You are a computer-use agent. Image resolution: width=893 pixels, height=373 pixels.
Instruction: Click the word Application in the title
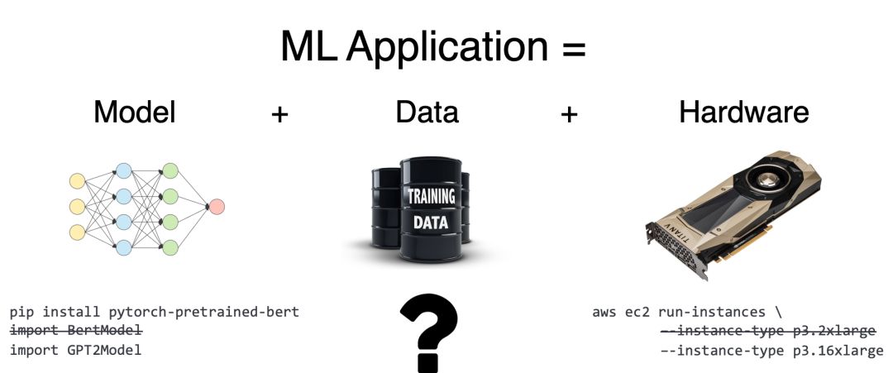[446, 48]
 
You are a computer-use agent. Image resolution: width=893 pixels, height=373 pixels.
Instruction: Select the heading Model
[135, 112]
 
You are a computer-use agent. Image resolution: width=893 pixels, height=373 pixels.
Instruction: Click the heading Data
[427, 112]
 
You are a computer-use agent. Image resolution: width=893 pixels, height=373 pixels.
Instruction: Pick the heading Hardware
[743, 112]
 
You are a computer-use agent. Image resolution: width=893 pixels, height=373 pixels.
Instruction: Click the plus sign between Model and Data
[280, 114]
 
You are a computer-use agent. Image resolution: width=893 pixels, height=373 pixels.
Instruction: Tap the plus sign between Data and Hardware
[568, 114]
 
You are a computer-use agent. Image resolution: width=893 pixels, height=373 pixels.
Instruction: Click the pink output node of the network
[217, 207]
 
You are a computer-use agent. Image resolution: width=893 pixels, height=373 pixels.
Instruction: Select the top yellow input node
[77, 180]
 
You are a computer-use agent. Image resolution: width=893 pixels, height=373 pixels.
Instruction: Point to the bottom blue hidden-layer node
[123, 246]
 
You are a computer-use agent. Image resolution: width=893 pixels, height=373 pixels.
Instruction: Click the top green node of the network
[170, 171]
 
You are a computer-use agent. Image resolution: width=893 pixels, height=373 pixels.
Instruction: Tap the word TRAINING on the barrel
[430, 197]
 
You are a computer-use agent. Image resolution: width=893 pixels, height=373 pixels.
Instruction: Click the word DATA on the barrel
[430, 222]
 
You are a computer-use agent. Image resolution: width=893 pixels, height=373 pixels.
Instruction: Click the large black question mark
[427, 334]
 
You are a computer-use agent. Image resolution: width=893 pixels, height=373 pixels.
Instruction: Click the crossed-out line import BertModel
[76, 331]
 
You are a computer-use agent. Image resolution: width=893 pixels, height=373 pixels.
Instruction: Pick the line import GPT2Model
[75, 350]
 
